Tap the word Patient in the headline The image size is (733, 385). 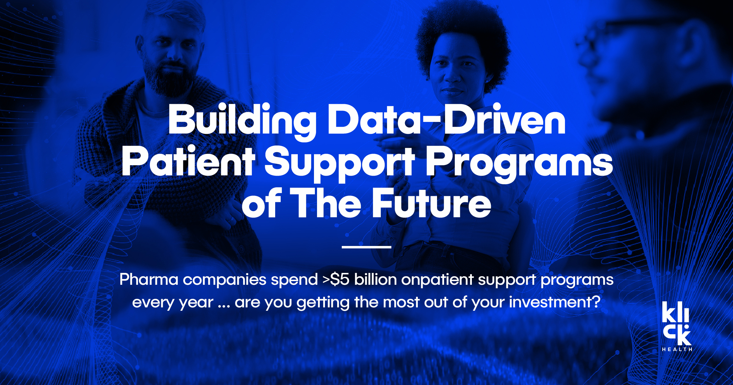coord(188,162)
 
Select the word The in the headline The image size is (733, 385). coord(326,204)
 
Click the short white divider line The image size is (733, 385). coord(366,247)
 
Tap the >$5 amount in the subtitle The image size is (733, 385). coord(336,280)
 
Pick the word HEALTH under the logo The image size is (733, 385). coord(677,349)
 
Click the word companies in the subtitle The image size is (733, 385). coord(224,280)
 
